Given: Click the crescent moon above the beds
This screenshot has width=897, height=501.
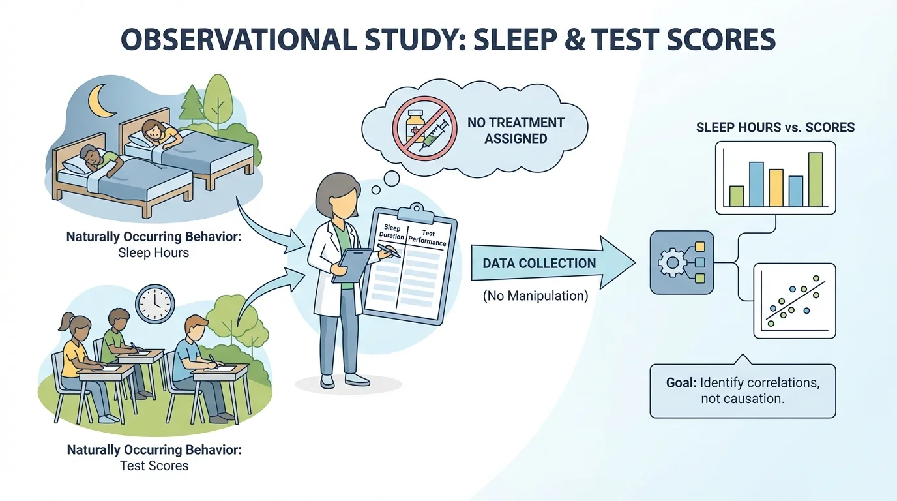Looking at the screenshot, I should (101, 99).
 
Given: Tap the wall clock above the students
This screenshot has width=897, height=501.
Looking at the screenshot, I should (155, 304).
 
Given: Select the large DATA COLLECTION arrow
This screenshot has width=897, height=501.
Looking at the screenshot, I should (548, 264).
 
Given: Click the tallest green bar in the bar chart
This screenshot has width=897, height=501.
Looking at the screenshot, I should (815, 179).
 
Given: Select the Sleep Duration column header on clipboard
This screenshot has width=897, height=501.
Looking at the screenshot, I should (392, 232).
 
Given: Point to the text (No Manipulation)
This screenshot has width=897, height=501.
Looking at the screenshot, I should (535, 296).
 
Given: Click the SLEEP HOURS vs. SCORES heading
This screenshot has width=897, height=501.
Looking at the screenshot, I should (775, 127).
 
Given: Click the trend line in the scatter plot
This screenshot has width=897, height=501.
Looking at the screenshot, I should (796, 299).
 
